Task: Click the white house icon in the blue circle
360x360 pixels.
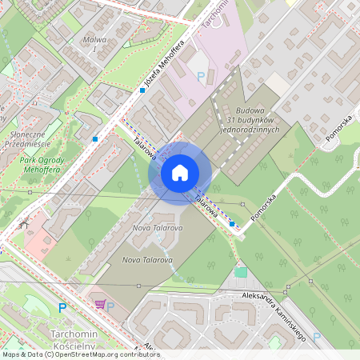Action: click(x=180, y=171)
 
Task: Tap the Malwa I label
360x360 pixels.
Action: click(x=95, y=44)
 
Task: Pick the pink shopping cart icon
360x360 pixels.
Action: click(x=100, y=304)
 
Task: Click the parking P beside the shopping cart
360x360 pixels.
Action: click(x=112, y=306)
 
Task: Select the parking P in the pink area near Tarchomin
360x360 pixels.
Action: click(x=201, y=77)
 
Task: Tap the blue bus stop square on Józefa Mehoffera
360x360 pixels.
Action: click(x=142, y=90)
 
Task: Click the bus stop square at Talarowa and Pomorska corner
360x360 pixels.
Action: click(x=232, y=225)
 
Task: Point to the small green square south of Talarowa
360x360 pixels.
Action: click(x=241, y=273)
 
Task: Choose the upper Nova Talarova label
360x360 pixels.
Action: click(x=158, y=228)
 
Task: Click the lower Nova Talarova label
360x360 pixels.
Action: click(x=147, y=260)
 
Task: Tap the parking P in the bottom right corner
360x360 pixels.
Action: click(x=316, y=338)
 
